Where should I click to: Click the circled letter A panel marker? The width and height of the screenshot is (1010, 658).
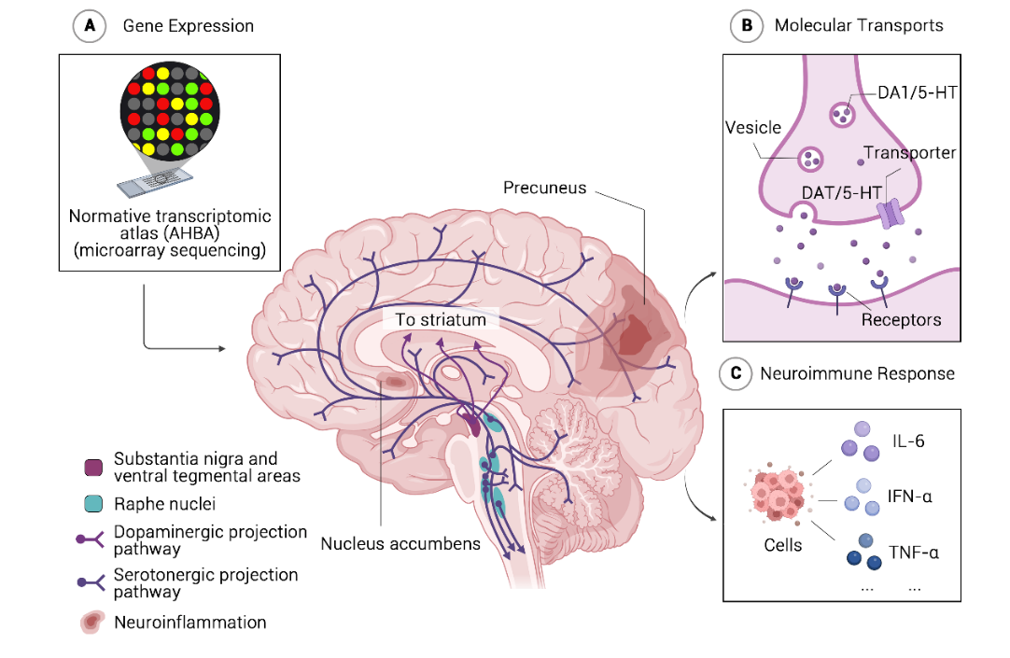(x=89, y=26)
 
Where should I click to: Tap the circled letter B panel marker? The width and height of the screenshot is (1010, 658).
(x=746, y=26)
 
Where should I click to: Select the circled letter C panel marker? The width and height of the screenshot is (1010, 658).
(x=736, y=373)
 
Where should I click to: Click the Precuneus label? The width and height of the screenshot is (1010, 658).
(x=544, y=188)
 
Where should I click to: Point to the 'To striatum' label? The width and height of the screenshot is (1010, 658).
(x=441, y=320)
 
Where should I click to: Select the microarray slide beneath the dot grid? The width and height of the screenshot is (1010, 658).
(x=160, y=182)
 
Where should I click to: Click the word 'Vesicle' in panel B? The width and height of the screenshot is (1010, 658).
(x=752, y=128)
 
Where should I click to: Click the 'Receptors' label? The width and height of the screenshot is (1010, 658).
(x=901, y=320)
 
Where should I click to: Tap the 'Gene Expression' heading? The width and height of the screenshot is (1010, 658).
(x=189, y=26)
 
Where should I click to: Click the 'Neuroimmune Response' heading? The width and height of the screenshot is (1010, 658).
(x=857, y=373)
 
